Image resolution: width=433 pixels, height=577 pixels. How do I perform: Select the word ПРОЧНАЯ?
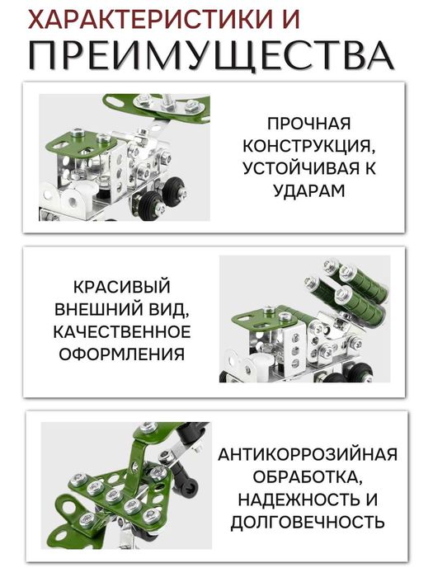tap(308, 124)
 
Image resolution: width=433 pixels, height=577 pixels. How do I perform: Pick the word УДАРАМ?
tap(308, 191)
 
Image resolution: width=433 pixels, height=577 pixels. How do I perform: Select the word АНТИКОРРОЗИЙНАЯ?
tap(308, 455)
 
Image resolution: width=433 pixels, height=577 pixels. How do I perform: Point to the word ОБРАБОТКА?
tap(308, 477)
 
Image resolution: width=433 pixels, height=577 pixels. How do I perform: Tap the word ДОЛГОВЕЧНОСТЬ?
tap(308, 522)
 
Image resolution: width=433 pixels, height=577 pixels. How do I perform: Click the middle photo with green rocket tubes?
tap(304, 319)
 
